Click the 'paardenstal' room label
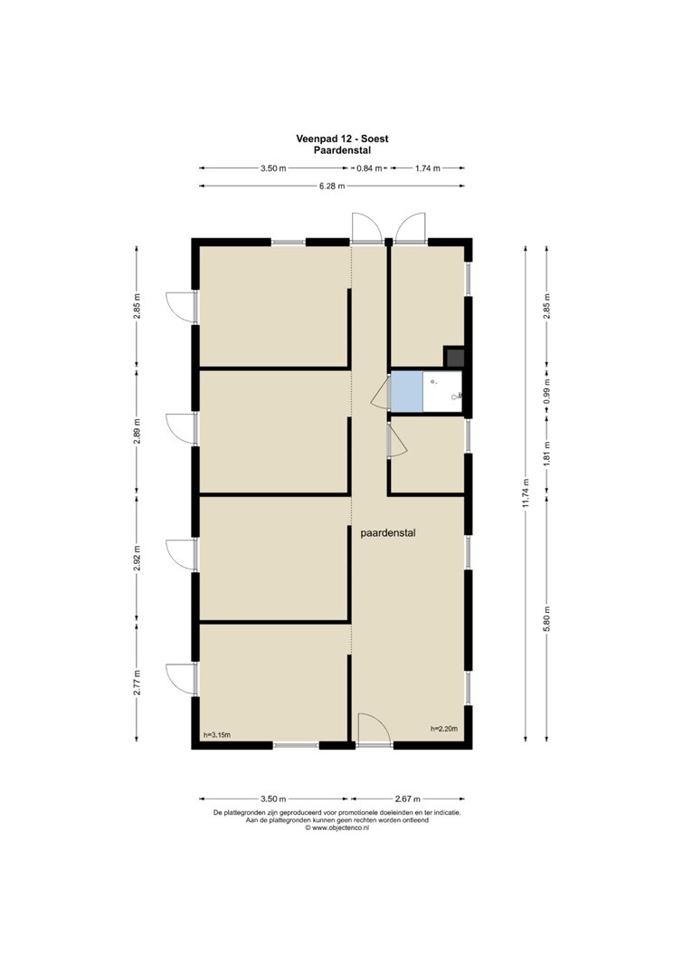(x=388, y=533)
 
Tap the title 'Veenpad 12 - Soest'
(x=342, y=139)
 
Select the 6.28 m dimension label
(x=332, y=187)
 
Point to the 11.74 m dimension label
(x=526, y=493)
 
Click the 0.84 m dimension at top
(x=369, y=168)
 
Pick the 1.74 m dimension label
(x=428, y=168)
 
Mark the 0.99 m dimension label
(x=547, y=389)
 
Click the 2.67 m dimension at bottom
(x=408, y=799)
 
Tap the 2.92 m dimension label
(x=138, y=559)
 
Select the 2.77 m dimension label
(x=138, y=683)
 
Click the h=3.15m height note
(x=216, y=734)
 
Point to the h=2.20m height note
(x=444, y=729)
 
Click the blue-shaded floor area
(x=406, y=391)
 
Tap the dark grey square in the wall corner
(x=454, y=358)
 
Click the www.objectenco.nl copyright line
(x=337, y=828)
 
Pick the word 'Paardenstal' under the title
(x=342, y=149)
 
